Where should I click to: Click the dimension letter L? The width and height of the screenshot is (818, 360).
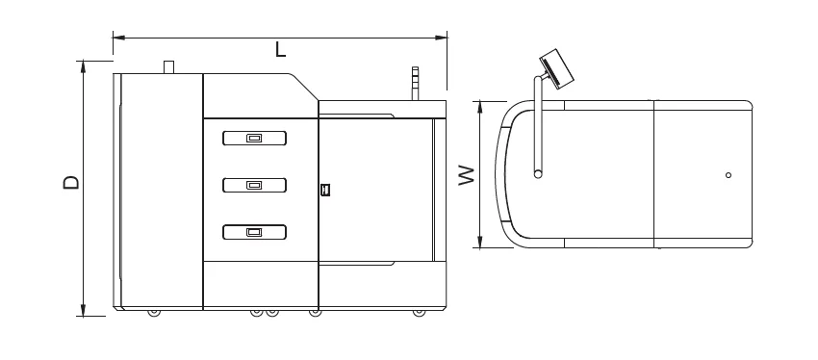(281, 50)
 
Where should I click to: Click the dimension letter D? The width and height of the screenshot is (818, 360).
(71, 182)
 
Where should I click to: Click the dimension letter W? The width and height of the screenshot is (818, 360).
(467, 175)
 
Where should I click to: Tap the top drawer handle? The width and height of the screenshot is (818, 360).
(254, 139)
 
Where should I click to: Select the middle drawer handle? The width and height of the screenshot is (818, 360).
(254, 185)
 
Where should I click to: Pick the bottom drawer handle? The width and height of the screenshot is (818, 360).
(254, 232)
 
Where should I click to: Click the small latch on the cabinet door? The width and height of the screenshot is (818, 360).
(325, 190)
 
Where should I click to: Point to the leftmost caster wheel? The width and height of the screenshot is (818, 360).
(153, 313)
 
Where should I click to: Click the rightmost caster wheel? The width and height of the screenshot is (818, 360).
(419, 313)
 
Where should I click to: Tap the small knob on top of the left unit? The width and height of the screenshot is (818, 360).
(168, 67)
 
